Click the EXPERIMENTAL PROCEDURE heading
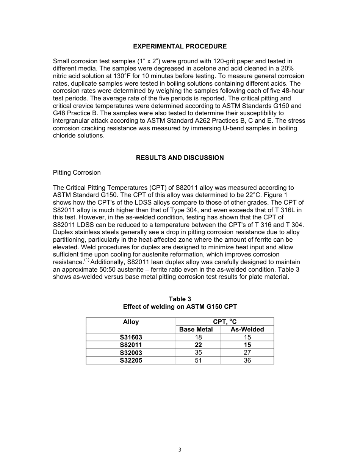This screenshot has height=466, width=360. tap(180, 46)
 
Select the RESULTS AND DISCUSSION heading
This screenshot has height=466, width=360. tap(180, 158)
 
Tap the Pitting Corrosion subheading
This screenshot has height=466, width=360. tap(77, 172)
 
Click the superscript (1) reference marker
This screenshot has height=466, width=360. tap(87, 261)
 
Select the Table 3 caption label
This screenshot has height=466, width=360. tap(180, 299)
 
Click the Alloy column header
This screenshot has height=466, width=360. tap(131, 322)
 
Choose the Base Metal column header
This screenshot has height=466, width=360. tap(196, 329)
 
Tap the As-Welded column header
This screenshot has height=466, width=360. tap(247, 329)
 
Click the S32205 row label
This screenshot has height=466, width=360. tap(131, 360)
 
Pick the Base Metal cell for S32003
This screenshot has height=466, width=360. tap(198, 352)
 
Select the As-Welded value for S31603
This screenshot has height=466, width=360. tap(247, 337)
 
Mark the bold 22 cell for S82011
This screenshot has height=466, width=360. tap(198, 345)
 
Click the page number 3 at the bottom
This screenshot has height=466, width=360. tap(180, 450)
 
